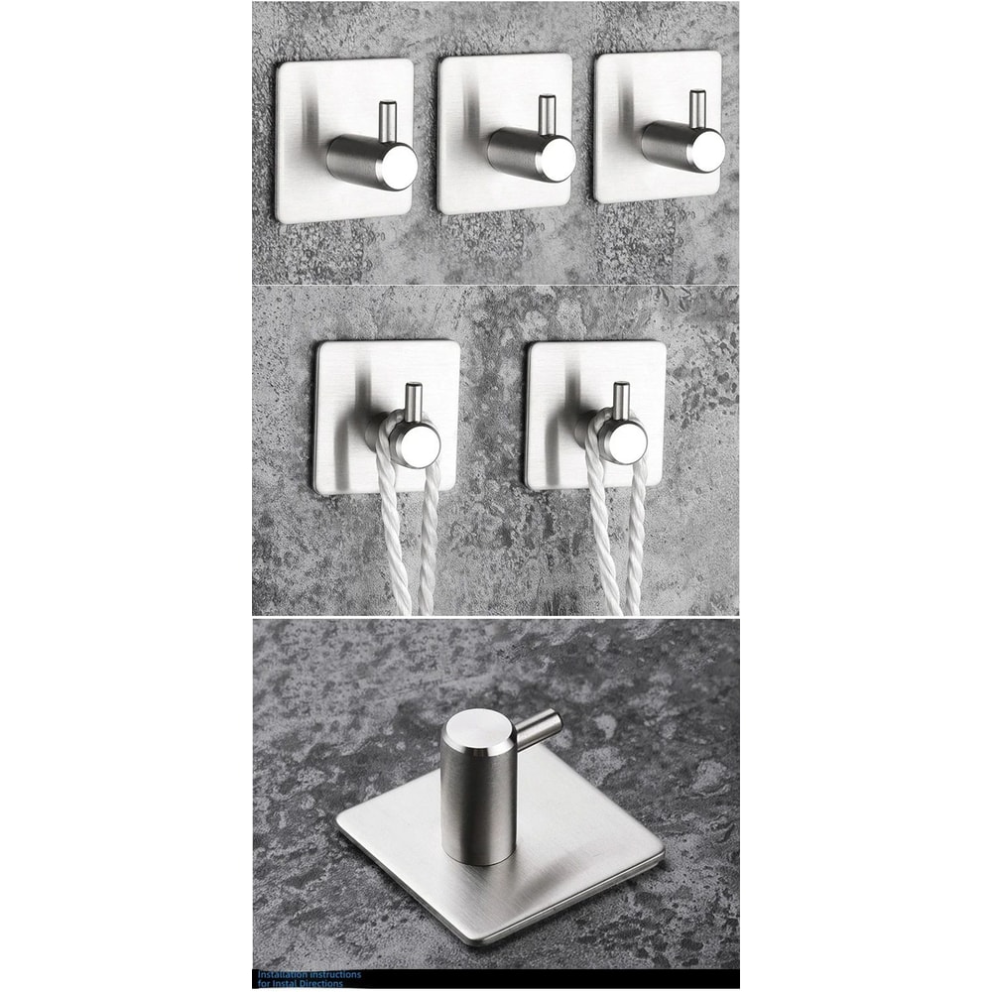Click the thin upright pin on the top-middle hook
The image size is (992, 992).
point(546,113)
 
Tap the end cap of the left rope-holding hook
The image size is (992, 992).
point(422,443)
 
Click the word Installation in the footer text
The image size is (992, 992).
point(282,975)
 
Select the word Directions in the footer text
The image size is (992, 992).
point(319,984)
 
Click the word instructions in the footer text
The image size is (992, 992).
point(334,975)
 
